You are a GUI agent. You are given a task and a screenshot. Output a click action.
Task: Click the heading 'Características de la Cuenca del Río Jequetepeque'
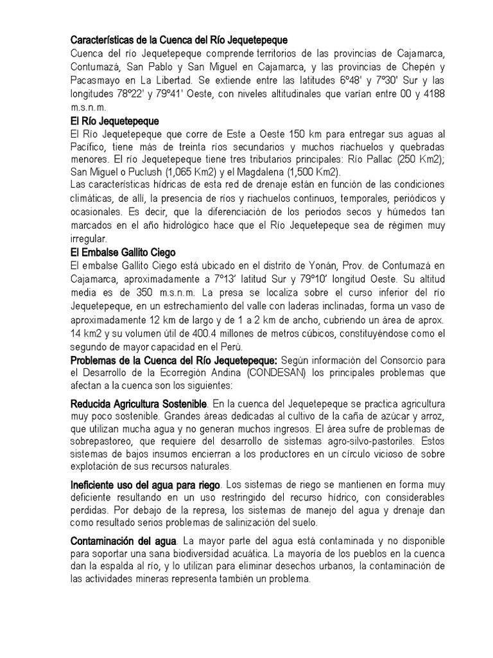pos(178,40)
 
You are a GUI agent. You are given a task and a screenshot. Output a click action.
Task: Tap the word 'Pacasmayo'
pos(92,80)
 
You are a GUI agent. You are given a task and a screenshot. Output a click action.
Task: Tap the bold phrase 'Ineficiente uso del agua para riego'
pos(144,484)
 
